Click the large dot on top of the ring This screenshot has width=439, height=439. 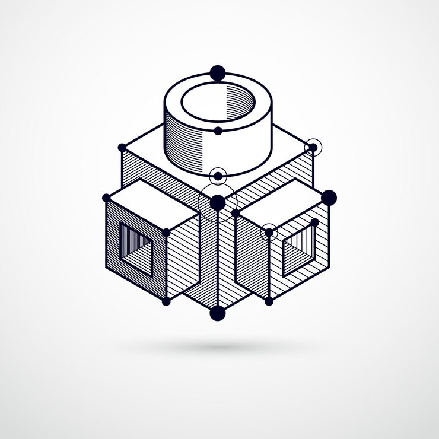(x=218, y=73)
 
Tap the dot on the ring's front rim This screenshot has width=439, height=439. (x=218, y=131)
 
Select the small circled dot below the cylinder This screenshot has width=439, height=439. (x=218, y=176)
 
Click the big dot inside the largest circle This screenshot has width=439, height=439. (x=218, y=203)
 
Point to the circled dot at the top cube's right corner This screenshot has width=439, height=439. (x=313, y=147)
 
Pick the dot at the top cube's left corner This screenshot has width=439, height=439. (x=122, y=147)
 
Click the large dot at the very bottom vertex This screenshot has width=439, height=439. (x=218, y=313)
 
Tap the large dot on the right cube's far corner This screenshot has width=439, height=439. (x=329, y=198)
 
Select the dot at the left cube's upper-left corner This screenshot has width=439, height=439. (x=106, y=198)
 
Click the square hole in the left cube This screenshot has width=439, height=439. (x=136, y=250)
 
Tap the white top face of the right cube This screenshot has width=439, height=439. (x=282, y=202)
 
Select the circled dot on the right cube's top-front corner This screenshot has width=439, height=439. (x=269, y=233)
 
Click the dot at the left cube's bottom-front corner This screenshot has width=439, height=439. (x=166, y=301)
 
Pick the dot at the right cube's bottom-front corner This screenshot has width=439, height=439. (x=269, y=301)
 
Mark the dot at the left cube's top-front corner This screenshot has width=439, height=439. (x=167, y=233)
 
